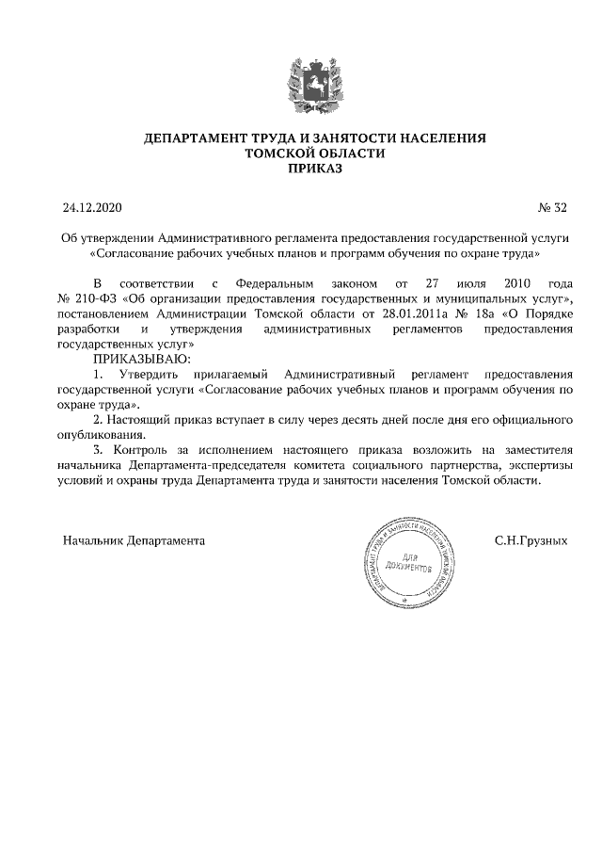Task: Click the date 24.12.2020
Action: [x=93, y=206]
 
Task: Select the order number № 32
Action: [x=551, y=206]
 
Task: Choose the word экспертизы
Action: [x=537, y=465]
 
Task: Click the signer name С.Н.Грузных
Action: [x=531, y=541]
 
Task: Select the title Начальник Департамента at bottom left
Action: [x=134, y=541]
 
